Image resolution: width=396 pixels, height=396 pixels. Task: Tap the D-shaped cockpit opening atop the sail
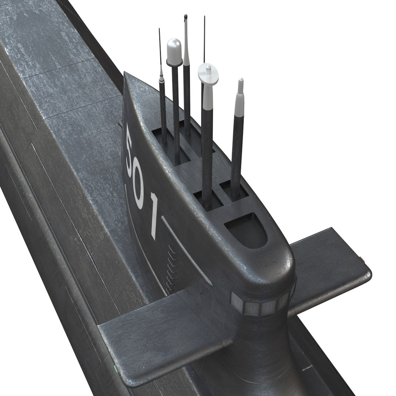coord(245,230)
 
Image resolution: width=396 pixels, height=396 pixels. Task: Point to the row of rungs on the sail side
coord(169,268)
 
